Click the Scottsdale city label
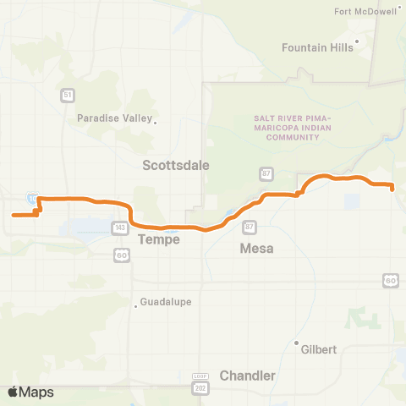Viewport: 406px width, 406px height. click(x=175, y=165)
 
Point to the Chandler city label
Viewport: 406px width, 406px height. click(x=247, y=375)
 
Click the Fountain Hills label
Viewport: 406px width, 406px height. click(x=317, y=48)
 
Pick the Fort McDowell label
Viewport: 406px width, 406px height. click(x=365, y=12)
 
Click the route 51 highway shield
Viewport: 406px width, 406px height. click(x=67, y=96)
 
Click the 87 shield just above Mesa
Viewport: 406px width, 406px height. click(x=249, y=227)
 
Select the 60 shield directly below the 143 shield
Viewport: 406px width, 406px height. click(x=122, y=254)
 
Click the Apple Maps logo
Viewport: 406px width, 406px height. click(x=30, y=392)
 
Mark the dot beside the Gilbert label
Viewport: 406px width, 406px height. click(x=296, y=343)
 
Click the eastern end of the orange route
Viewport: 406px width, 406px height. click(x=393, y=187)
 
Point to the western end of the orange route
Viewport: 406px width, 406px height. click(x=12, y=215)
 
